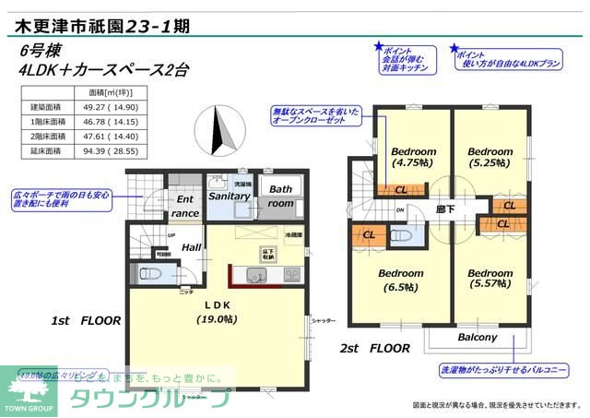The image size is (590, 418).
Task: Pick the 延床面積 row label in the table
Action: (x=45, y=149)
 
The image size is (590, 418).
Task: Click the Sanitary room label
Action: (x=230, y=197)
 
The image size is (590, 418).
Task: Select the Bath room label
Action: (x=281, y=196)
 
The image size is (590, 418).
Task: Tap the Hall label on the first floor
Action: (x=191, y=247)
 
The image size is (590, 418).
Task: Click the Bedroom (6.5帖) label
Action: (x=400, y=280)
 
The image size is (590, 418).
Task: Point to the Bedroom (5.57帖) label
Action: (x=490, y=280)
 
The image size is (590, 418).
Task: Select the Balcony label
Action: (x=478, y=338)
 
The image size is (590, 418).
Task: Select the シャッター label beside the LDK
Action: (x=323, y=319)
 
